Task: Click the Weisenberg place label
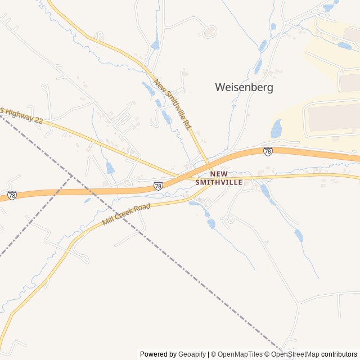click(x=244, y=88)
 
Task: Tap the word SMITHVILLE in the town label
click(x=219, y=182)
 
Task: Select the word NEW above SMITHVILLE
click(x=219, y=174)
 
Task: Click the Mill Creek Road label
click(x=127, y=214)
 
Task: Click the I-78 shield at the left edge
click(x=12, y=196)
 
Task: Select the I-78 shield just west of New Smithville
click(x=158, y=185)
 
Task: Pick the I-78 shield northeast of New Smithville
click(x=268, y=151)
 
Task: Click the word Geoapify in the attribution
click(x=192, y=354)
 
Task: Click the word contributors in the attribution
click(x=339, y=354)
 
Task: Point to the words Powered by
click(x=157, y=354)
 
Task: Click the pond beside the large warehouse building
click(x=276, y=129)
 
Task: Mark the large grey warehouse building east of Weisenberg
click(x=332, y=117)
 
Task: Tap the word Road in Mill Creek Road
click(x=141, y=208)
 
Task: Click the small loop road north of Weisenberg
click(x=210, y=31)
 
